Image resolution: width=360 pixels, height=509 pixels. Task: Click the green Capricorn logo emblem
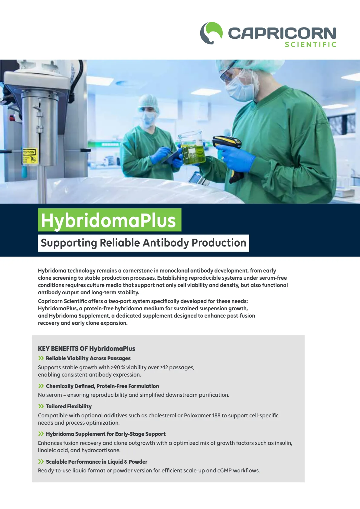pyautogui.click(x=211, y=33)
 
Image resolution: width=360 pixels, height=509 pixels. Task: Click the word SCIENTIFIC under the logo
pyautogui.click(x=310, y=45)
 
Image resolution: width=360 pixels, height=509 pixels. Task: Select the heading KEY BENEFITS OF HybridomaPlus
pyautogui.click(x=87, y=348)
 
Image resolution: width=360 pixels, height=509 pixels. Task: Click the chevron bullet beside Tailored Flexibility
pyautogui.click(x=41, y=406)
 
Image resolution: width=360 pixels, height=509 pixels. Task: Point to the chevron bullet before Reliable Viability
pyautogui.click(x=41, y=358)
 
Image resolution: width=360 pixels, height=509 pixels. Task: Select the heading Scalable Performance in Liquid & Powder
pyautogui.click(x=97, y=462)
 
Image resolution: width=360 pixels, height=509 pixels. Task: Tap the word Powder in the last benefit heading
pyautogui.click(x=138, y=462)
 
